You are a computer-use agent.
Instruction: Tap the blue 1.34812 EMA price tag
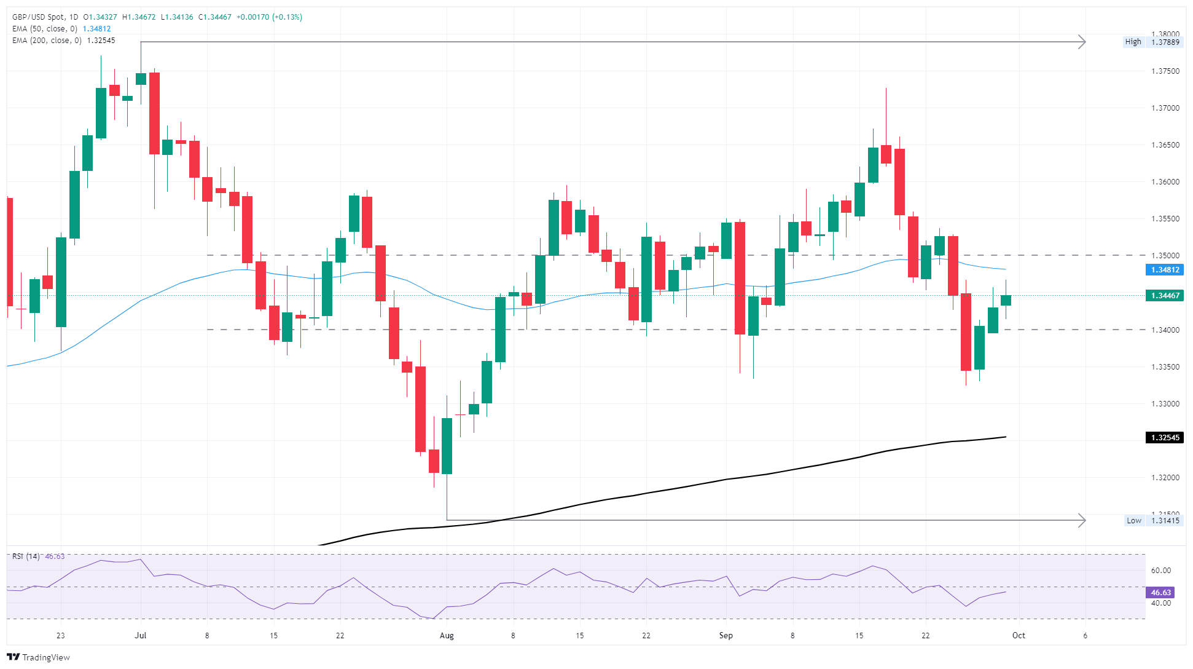(1164, 270)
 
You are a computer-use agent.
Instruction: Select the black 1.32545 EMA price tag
(1164, 438)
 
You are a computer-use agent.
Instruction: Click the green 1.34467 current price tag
(1164, 296)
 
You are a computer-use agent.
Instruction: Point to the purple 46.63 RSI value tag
(1160, 593)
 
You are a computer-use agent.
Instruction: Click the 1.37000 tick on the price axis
(1165, 108)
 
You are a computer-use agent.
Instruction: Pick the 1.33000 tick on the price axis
(1165, 404)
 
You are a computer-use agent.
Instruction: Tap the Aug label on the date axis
(447, 636)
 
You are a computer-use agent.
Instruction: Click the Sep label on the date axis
(726, 636)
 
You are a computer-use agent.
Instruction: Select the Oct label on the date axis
(1019, 636)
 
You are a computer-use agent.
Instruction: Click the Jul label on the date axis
(141, 636)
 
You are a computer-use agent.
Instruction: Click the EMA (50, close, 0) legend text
(45, 29)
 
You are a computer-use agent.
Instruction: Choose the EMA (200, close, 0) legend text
(47, 41)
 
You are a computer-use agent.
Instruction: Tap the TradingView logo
(39, 657)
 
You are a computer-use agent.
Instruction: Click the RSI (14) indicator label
(26, 556)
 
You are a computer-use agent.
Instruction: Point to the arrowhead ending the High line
(1082, 42)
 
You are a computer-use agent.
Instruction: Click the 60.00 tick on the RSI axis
(1160, 571)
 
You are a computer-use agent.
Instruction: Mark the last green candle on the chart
(1006, 300)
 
